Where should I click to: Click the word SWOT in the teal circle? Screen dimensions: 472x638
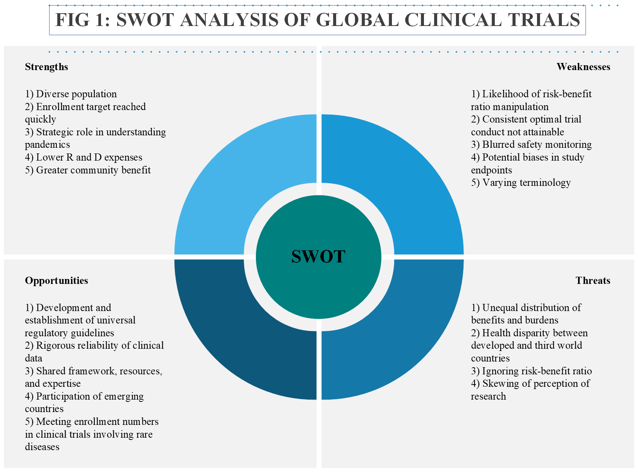click(318, 257)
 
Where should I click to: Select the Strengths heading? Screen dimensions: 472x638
click(46, 67)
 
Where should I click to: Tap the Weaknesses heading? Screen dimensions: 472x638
click(583, 67)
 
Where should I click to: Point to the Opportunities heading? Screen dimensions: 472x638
click(57, 280)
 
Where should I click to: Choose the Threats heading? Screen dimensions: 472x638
click(593, 280)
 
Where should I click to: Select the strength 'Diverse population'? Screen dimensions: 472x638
click(71, 94)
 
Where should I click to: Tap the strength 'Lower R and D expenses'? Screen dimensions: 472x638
click(84, 157)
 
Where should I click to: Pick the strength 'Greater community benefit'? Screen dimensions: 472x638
click(88, 170)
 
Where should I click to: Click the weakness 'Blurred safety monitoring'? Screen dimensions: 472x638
click(531, 144)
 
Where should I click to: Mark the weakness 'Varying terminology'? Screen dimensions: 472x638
click(521, 182)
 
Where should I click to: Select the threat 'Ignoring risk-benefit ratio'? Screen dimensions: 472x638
click(531, 371)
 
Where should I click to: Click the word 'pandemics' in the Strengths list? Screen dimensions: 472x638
click(47, 145)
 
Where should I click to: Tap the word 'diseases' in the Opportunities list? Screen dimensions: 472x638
click(42, 447)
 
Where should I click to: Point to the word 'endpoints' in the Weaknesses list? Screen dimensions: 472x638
click(491, 170)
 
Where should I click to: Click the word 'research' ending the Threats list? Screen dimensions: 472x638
click(488, 396)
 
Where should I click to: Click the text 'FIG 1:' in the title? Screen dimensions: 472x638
click(83, 20)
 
